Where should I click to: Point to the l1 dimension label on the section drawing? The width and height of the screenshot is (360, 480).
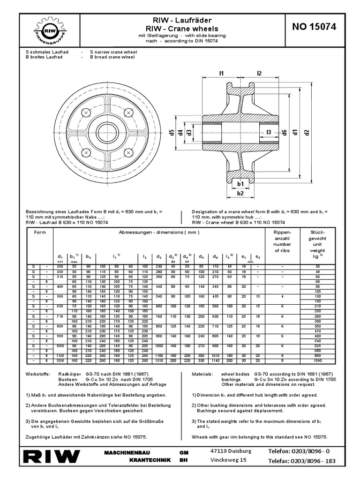click(222, 73)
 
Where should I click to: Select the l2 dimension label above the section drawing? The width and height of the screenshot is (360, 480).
click(259, 73)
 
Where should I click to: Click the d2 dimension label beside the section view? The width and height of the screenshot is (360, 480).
click(307, 132)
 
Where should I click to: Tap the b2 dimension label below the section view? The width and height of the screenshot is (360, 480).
click(240, 193)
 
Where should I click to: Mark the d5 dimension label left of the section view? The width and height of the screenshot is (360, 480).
click(172, 132)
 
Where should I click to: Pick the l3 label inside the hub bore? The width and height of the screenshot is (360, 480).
click(269, 133)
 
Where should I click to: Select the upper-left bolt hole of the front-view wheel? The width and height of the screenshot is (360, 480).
click(86, 113)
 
